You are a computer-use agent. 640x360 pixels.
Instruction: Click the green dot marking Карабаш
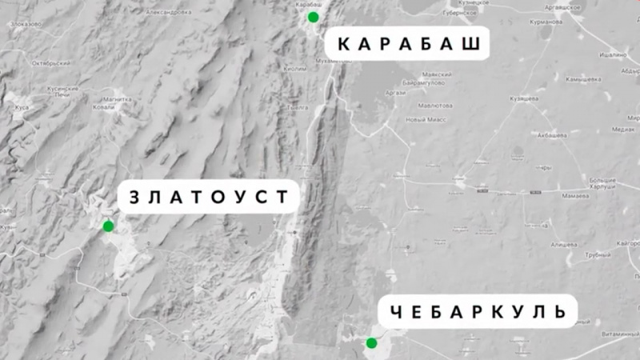tap(313, 17)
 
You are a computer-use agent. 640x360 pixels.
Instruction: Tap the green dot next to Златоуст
tap(108, 226)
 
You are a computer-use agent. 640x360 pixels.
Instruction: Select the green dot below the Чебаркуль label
tap(371, 343)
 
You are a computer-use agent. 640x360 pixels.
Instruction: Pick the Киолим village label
tap(294, 69)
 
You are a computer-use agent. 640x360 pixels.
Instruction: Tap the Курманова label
tap(543, 22)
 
